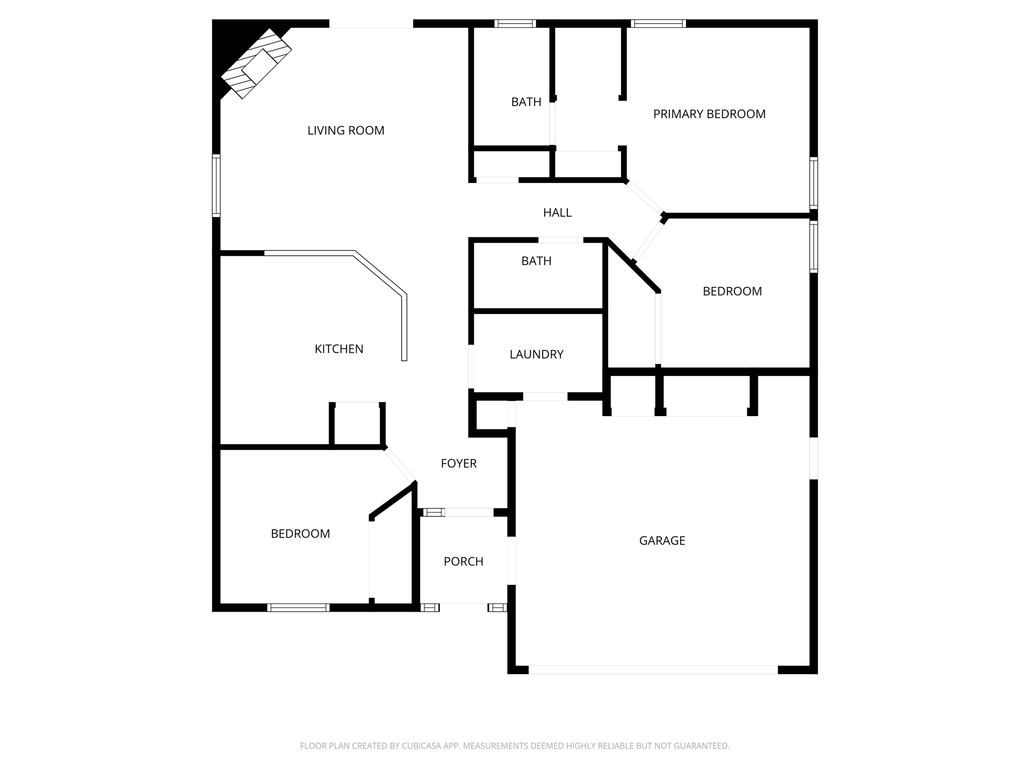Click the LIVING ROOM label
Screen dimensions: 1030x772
point(346,131)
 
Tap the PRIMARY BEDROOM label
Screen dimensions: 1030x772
point(709,114)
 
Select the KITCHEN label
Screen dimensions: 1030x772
point(339,349)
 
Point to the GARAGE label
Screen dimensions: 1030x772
point(662,540)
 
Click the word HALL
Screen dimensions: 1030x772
point(557,213)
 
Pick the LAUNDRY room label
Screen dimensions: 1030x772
point(537,354)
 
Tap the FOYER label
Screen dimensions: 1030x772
point(459,463)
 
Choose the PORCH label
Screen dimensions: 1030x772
point(464,561)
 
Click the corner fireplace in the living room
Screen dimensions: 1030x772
point(256,64)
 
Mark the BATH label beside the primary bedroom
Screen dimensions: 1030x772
point(526,102)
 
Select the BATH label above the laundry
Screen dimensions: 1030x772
point(536,261)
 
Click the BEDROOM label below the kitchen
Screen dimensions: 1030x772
point(300,534)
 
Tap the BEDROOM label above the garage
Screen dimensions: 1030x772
point(732,292)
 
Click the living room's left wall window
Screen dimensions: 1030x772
point(216,185)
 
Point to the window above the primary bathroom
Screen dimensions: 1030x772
point(515,23)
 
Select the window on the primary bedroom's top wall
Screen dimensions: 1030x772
point(658,23)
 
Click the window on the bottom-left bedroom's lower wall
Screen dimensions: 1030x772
point(298,608)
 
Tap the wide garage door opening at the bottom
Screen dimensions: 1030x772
point(653,669)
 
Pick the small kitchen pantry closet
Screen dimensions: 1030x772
point(357,425)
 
